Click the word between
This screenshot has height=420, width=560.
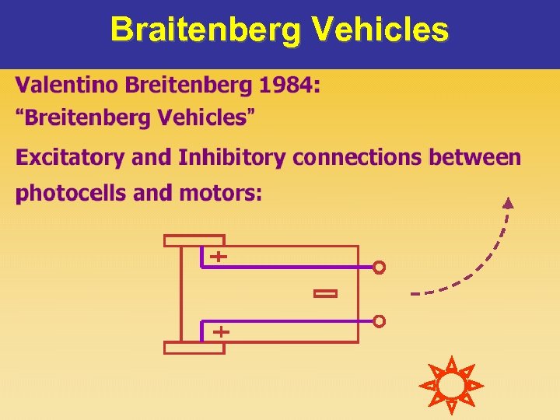pos(476,158)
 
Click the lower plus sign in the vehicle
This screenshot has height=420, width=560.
pos(221,331)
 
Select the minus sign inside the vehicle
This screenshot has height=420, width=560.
pos(325,293)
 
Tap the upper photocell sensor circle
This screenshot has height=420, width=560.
pos(379,268)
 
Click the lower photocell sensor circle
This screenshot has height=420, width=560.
pos(379,320)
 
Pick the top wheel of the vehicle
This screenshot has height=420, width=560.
pos(194,240)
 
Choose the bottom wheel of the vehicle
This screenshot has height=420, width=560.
pos(194,348)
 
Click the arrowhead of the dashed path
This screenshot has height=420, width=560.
pos(508,204)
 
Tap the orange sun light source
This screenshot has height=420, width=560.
pos(450,385)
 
